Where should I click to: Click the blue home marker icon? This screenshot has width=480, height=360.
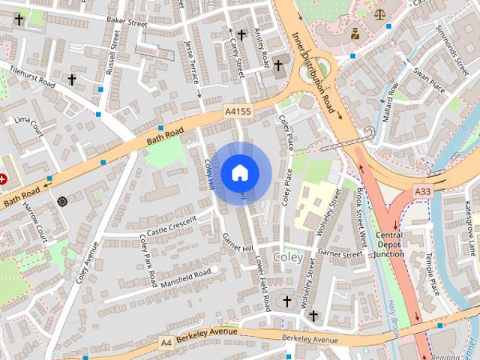(x=239, y=172)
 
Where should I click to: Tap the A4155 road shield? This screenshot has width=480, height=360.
(x=238, y=112)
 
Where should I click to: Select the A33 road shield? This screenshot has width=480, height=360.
(x=423, y=192)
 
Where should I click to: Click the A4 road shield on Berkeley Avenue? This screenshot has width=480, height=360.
(x=166, y=342)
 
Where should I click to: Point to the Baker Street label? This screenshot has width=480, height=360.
(x=126, y=22)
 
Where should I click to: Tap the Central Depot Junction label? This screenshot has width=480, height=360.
(x=389, y=244)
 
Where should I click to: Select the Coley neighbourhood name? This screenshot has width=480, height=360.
(x=289, y=257)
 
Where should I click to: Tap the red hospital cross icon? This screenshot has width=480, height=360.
(x=3, y=179)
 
